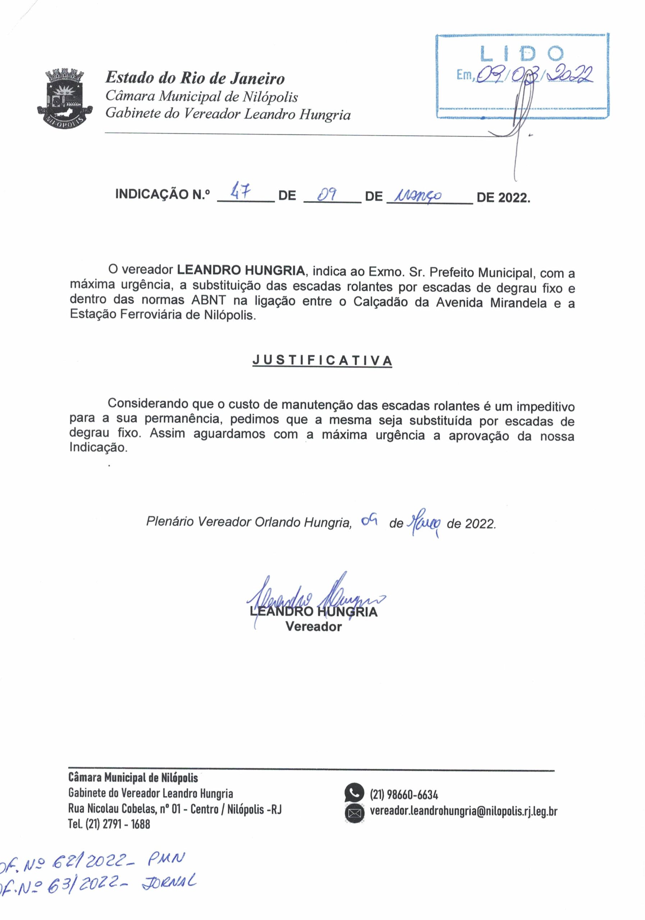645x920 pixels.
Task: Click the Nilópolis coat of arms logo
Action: pos(65,98)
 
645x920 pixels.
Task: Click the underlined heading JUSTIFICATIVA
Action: pos(322,360)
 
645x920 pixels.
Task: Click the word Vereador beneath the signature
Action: pos(314,627)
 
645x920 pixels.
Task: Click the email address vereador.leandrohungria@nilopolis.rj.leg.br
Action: pos(463,811)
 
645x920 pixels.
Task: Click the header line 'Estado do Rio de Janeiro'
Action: pos(195,78)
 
